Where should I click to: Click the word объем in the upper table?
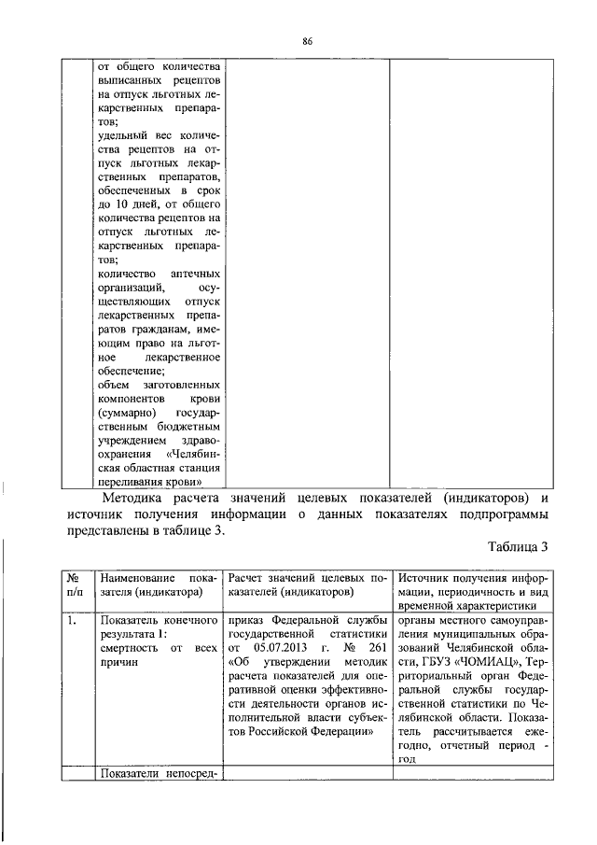tap(114, 384)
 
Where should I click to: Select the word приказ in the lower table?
tap(246, 618)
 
